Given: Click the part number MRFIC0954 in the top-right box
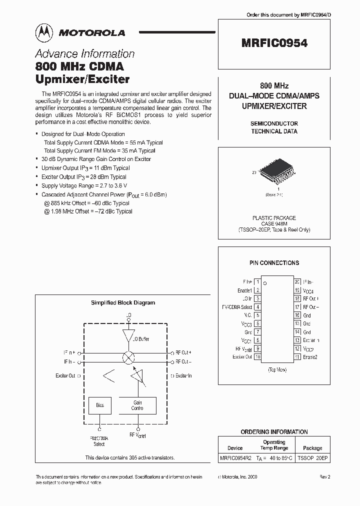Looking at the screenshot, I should click(274, 43).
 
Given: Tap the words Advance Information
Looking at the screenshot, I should click(84, 54).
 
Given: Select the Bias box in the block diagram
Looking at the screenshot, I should click(100, 405).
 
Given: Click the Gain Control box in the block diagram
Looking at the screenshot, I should click(137, 405).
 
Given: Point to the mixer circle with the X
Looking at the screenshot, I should click(128, 357).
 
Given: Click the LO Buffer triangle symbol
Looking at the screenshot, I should click(128, 335).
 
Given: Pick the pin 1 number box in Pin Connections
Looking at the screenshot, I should click(257, 282).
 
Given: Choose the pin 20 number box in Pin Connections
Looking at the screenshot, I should click(297, 282).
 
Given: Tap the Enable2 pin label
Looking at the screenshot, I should click(310, 357).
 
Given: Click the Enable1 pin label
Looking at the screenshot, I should click(244, 290).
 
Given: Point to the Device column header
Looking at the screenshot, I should click(235, 448).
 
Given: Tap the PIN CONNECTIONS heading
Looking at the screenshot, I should click(274, 263).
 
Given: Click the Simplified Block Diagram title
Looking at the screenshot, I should click(123, 302).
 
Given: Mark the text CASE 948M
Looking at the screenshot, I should click(274, 224).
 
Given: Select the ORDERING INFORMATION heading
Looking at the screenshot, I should click(274, 431).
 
